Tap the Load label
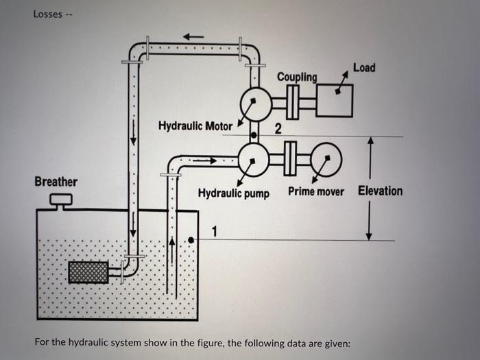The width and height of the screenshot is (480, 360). [363, 67]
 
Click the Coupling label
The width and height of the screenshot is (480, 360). [297, 77]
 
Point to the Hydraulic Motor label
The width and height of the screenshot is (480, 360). [195, 126]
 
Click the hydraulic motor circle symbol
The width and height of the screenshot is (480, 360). [254, 103]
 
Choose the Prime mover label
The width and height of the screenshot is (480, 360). [315, 191]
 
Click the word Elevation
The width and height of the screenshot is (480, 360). [380, 191]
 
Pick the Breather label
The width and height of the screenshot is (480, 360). [56, 182]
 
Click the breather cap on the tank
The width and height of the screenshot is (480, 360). [61, 200]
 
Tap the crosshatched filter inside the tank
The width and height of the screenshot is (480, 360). [88, 272]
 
